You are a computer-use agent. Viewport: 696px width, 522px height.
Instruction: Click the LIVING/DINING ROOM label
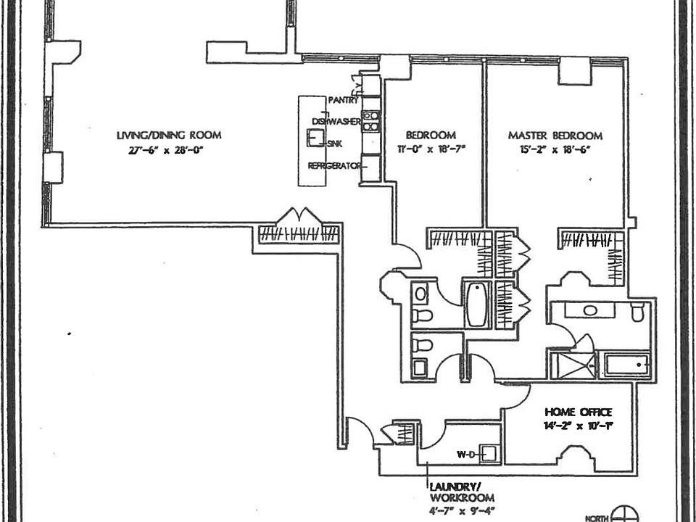pyautogui.click(x=169, y=135)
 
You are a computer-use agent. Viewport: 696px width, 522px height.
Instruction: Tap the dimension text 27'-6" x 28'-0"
pyautogui.click(x=169, y=151)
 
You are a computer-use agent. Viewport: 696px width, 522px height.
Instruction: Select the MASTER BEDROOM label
pyautogui.click(x=555, y=136)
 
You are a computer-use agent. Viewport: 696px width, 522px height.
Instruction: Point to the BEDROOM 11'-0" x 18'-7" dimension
pyautogui.click(x=430, y=151)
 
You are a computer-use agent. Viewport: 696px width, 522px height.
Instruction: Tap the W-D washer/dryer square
pyautogui.click(x=489, y=455)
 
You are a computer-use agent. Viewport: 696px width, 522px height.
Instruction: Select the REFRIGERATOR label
pyautogui.click(x=334, y=166)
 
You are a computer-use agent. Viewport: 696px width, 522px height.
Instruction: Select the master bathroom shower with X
pyautogui.click(x=573, y=365)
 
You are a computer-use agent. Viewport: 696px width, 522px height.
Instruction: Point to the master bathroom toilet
pyautogui.click(x=638, y=312)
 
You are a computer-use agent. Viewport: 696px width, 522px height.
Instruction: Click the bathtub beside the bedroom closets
pyautogui.click(x=478, y=304)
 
